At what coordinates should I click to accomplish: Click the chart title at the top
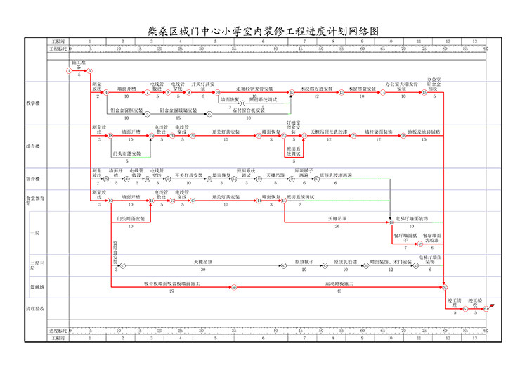(263, 32)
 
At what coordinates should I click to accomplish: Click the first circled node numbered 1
(69, 71)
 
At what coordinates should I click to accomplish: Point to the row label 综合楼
(34, 146)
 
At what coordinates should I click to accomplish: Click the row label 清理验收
(36, 308)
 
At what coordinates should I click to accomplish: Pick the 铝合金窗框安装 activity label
(127, 110)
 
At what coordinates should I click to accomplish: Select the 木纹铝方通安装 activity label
(316, 89)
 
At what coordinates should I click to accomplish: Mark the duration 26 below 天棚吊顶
(337, 227)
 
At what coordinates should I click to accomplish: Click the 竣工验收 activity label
(475, 302)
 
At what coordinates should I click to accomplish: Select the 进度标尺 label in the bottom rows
(59, 331)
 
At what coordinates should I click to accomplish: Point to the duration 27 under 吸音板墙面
(171, 291)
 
